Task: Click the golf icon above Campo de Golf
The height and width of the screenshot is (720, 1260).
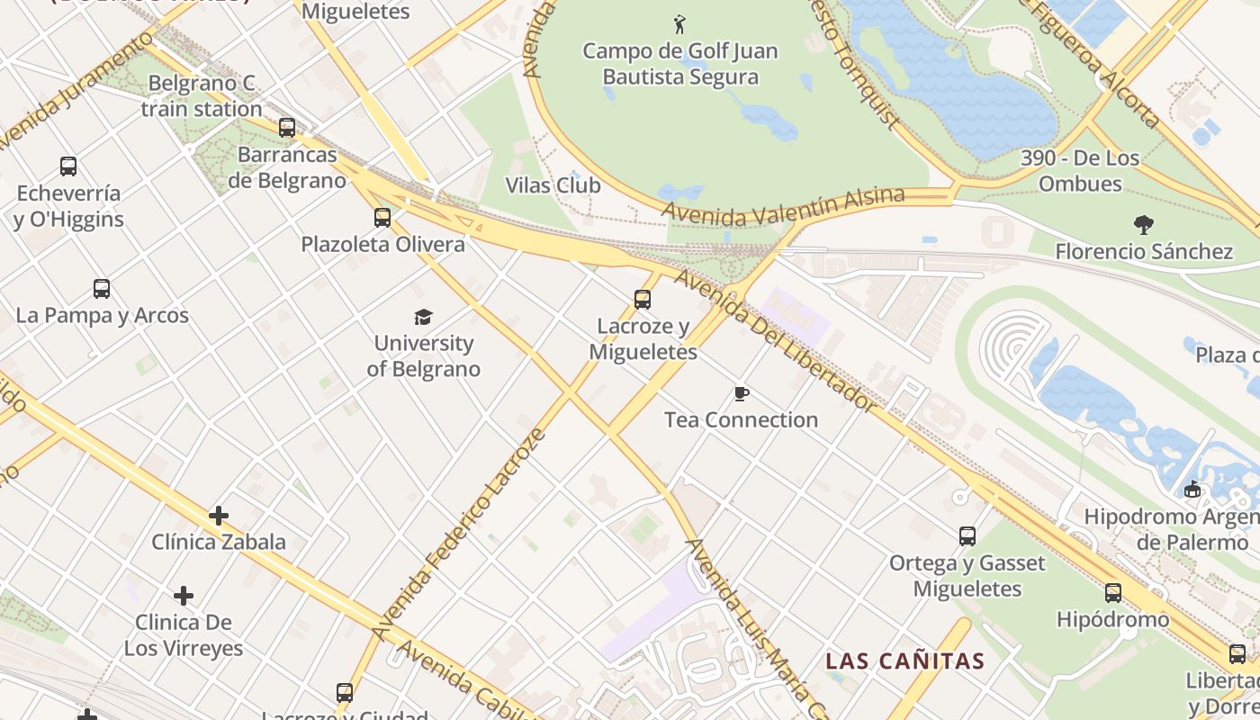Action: [679, 23]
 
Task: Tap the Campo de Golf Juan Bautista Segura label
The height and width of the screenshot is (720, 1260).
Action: [679, 64]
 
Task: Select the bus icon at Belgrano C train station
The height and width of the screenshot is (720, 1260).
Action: [287, 128]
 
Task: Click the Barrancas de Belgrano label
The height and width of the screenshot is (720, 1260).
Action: [286, 167]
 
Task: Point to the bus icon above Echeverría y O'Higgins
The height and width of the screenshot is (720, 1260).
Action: [68, 166]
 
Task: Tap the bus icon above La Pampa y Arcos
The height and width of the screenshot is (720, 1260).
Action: [102, 289]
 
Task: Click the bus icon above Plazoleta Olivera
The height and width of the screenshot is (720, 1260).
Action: [382, 218]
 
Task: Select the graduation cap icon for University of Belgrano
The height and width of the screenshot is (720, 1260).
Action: [423, 317]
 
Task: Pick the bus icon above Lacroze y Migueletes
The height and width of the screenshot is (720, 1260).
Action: [643, 300]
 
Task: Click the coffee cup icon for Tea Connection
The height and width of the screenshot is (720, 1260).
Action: [741, 394]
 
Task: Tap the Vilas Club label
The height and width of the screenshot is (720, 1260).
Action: [553, 185]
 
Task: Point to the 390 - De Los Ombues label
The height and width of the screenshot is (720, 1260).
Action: [1080, 171]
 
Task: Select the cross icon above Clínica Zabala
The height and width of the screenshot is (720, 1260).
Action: [219, 516]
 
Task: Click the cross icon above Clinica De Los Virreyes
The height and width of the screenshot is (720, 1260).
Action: [184, 596]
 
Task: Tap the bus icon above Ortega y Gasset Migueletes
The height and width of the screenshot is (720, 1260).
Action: [967, 536]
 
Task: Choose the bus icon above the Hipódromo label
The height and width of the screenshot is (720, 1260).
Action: [1113, 593]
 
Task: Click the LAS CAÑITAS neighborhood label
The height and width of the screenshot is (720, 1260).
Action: [905, 661]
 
